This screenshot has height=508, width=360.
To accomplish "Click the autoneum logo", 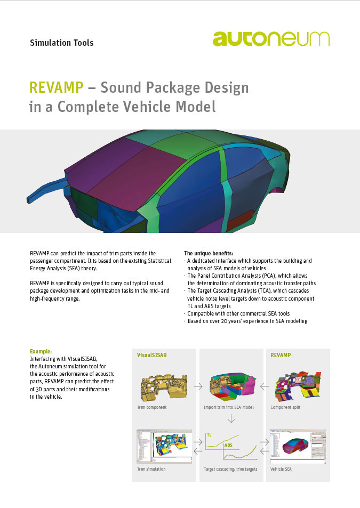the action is tap(271, 38).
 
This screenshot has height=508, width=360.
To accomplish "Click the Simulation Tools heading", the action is tap(61, 43).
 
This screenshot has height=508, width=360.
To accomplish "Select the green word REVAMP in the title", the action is tap(57, 87).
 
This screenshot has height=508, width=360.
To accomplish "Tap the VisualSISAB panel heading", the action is tap(151, 355).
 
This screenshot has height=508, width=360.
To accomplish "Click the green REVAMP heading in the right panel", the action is tap(281, 355).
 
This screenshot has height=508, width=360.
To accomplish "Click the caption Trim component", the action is tap(151, 407).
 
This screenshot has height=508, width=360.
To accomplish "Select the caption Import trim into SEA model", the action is tap(229, 407).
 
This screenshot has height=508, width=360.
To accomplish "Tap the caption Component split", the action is tap(285, 407).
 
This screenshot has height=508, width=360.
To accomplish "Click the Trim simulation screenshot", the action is tap(164, 447).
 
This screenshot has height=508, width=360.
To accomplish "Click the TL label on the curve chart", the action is tap(209, 435).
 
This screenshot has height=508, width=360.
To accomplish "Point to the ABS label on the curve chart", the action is tap(228, 445).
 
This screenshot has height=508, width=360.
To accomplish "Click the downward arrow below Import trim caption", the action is tap(231, 418).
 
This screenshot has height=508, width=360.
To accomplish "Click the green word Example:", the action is tap(41, 351).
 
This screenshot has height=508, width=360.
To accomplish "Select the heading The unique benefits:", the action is tap(209, 253).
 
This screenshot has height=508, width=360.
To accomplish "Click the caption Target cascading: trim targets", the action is tap(230, 469).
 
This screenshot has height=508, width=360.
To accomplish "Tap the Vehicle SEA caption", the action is tap(281, 469).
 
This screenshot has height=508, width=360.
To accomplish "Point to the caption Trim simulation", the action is tap(151, 469).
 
